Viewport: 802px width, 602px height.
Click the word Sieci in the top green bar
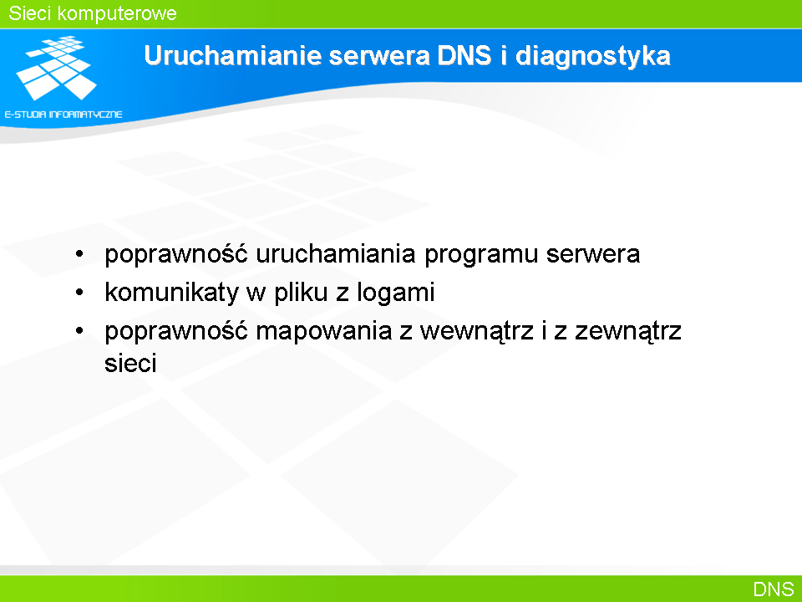tap(29, 13)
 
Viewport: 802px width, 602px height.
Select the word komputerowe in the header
tap(117, 14)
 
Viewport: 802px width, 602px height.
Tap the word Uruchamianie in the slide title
tap(233, 55)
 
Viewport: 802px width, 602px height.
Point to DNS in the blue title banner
tap(464, 55)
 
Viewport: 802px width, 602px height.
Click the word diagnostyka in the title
tap(593, 56)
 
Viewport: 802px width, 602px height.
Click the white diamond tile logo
tap(56, 68)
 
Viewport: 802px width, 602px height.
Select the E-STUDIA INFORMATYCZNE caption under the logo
tap(63, 115)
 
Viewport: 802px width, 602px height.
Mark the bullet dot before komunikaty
tap(79, 293)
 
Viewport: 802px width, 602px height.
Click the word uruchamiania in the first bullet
tap(336, 254)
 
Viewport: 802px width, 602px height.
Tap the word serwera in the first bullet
tap(593, 255)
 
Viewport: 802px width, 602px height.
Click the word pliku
tap(301, 293)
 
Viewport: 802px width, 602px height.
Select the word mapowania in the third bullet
tap(324, 332)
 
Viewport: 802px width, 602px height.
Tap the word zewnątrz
tap(628, 332)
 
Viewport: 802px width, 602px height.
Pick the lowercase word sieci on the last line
tap(130, 364)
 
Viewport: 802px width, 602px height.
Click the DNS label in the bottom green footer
tap(774, 589)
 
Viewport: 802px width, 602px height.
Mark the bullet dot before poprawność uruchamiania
tap(79, 254)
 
